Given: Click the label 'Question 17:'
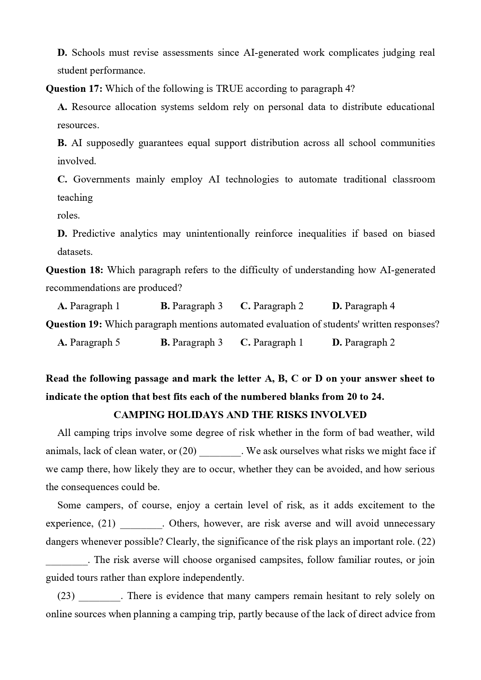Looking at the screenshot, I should pyautogui.click(x=74, y=89).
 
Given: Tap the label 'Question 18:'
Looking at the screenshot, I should pyautogui.click(x=74, y=270).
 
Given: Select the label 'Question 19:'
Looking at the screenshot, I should pyautogui.click(x=74, y=324).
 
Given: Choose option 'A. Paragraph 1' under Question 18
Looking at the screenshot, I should pyautogui.click(x=89, y=306).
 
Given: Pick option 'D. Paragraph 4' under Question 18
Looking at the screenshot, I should pyautogui.click(x=364, y=306).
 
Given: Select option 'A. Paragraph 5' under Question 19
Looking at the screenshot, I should pyautogui.click(x=89, y=343).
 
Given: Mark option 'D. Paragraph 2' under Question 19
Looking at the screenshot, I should pyautogui.click(x=364, y=343).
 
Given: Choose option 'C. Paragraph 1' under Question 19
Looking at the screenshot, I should pyautogui.click(x=272, y=343).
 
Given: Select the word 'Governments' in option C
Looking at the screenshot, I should pyautogui.click(x=102, y=179).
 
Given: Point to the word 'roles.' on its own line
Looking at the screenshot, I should pyautogui.click(x=69, y=215).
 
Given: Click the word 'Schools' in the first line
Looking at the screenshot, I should pyautogui.click(x=88, y=53).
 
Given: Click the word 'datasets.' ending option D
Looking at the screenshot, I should pyautogui.click(x=75, y=252).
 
